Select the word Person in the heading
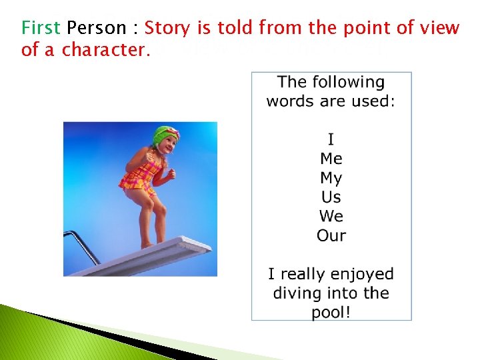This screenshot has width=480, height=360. tap(96, 28)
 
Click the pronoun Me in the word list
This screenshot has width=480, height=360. tap(331, 159)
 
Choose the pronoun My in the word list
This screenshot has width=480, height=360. tap(331, 178)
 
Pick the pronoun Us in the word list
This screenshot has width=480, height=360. tap(331, 197)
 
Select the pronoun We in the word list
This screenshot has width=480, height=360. tap(331, 216)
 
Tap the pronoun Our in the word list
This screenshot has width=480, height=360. tap(331, 235)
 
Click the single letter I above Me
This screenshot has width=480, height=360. tap(331, 139)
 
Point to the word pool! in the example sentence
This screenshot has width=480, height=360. tap(331, 313)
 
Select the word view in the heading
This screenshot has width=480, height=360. tap(441, 28)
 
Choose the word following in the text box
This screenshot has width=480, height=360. tap(349, 82)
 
